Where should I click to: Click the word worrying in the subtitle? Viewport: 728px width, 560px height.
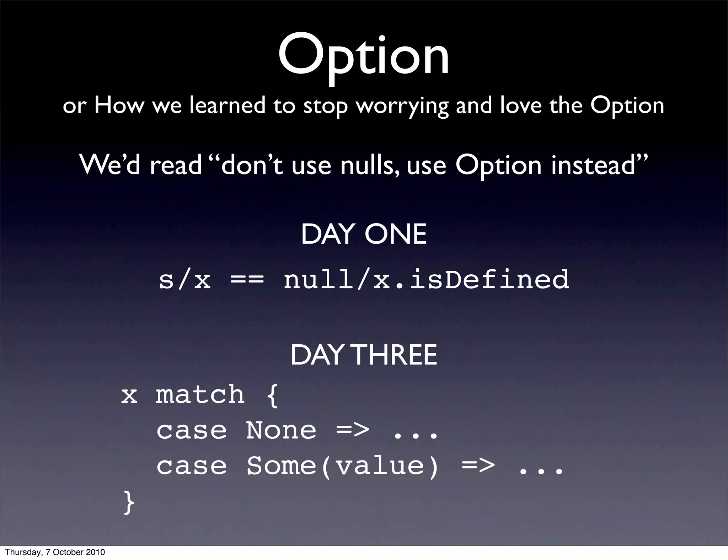(x=402, y=106)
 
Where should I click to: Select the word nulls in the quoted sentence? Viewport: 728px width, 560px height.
(x=370, y=165)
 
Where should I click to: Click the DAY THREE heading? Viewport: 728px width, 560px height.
(x=363, y=355)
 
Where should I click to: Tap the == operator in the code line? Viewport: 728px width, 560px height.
(x=247, y=280)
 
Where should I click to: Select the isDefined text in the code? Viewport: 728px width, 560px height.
(x=489, y=279)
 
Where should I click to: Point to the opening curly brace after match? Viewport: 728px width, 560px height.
(x=272, y=395)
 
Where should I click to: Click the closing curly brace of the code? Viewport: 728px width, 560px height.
(x=129, y=502)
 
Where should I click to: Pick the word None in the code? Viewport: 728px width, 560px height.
(x=281, y=430)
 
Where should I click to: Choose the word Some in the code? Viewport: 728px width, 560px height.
(x=281, y=466)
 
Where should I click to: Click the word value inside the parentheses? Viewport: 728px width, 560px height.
(x=380, y=466)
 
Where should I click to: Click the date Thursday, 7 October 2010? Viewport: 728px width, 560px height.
(x=55, y=552)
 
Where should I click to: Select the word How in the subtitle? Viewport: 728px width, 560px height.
(x=119, y=106)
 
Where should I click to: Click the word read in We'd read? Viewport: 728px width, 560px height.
(x=176, y=166)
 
